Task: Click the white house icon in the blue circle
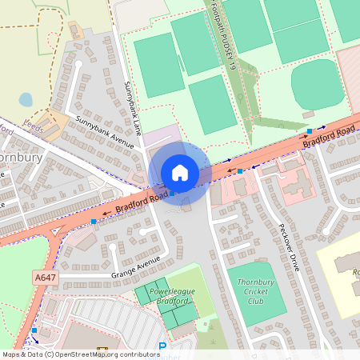coord(180,173)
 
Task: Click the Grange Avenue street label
coord(136,265)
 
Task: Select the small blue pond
coord(26,99)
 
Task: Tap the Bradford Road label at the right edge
coord(329,137)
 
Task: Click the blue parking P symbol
coord(163,346)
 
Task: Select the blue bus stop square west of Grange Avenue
coord(94,220)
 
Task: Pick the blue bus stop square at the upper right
coord(310,130)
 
